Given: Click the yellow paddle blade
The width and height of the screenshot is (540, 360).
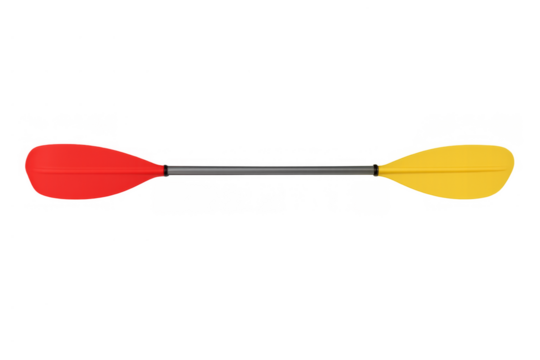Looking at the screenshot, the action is pyautogui.click(x=455, y=167).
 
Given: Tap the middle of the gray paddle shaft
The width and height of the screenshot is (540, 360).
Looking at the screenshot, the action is pyautogui.click(x=270, y=170).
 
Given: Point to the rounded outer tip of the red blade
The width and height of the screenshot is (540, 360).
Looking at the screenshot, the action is pyautogui.click(x=21, y=162).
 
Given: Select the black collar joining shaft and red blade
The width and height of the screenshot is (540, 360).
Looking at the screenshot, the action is pyautogui.click(x=166, y=170).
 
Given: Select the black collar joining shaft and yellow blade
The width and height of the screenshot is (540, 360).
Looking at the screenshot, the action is pyautogui.click(x=377, y=170).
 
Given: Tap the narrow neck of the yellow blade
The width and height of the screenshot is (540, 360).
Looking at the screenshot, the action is pyautogui.click(x=387, y=169).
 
